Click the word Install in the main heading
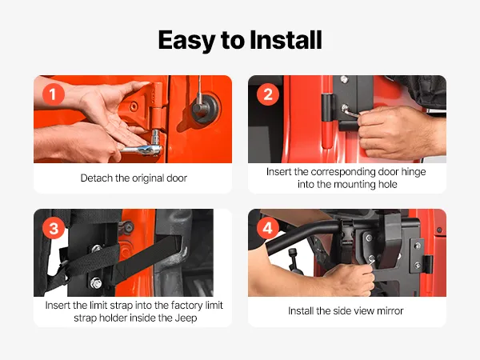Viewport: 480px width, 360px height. [286, 40]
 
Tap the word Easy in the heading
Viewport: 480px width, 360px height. [187, 41]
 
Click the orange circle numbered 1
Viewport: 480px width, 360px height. [54, 94]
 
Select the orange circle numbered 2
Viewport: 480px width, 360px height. [268, 94]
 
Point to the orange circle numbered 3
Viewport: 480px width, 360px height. [54, 228]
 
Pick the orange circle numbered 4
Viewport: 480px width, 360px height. [267, 228]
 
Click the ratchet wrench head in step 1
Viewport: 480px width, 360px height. [152, 150]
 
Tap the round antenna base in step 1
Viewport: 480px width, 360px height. [205, 108]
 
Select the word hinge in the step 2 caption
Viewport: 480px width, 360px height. [414, 172]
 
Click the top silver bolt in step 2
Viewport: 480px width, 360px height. [344, 79]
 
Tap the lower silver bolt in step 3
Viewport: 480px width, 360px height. [96, 283]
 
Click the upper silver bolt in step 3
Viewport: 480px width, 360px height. [97, 248]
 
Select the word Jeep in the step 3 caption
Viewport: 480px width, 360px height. [186, 318]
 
